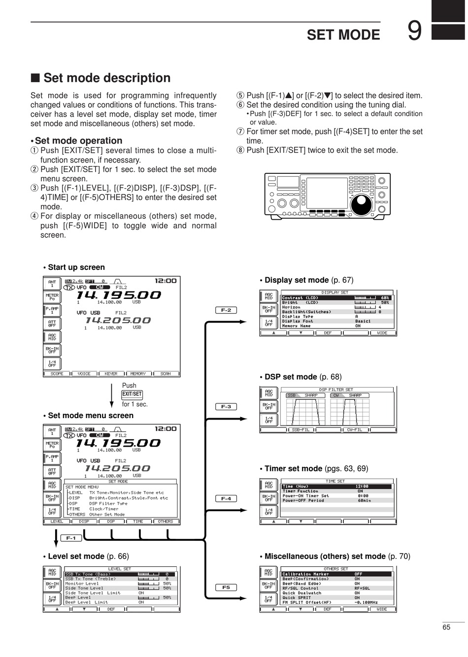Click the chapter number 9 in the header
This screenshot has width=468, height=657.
click(415, 31)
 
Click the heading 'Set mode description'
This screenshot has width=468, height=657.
click(106, 78)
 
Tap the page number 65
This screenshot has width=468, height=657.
click(446, 627)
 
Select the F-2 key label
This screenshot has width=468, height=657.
click(226, 310)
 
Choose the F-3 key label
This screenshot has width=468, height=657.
click(226, 407)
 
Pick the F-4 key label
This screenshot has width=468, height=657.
click(226, 498)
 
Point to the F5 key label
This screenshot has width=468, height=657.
click(226, 587)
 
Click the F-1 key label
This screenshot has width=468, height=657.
click(71, 538)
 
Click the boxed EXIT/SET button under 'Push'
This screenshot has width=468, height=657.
click(132, 394)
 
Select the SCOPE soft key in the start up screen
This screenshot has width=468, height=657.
click(57, 374)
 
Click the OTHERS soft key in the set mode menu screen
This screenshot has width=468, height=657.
click(166, 522)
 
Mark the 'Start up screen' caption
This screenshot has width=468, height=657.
click(76, 267)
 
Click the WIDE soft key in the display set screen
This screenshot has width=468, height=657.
click(382, 333)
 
